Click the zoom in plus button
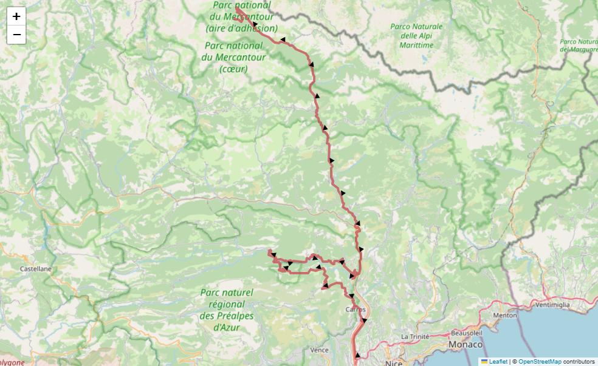tap(16, 16)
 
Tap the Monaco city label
tap(466, 344)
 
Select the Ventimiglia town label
tap(552, 304)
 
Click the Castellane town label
tap(36, 268)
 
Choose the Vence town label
tap(319, 350)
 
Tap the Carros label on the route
tap(356, 309)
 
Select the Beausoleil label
tap(466, 333)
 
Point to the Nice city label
tap(393, 363)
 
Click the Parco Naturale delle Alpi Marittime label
tap(416, 36)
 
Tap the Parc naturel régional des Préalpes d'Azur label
tap(227, 310)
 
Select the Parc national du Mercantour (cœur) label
tap(233, 57)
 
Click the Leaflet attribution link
tap(498, 362)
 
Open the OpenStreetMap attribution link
tap(540, 362)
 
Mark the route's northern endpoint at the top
tap(236, 9)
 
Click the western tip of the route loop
tap(269, 251)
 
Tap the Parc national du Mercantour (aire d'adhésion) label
tap(242, 17)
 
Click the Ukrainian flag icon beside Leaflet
tap(484, 362)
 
